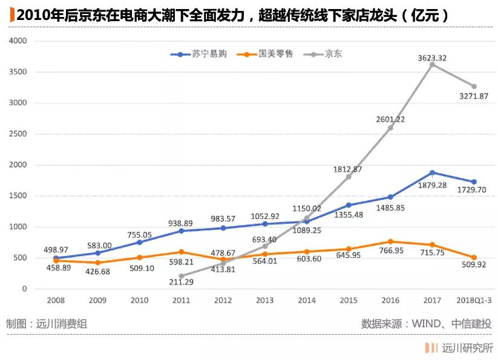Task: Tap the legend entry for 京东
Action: click(325, 54)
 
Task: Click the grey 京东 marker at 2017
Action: click(432, 64)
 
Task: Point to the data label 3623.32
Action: click(432, 58)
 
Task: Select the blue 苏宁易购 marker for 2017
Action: click(432, 172)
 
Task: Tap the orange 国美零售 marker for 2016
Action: click(390, 241)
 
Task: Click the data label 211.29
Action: click(181, 282)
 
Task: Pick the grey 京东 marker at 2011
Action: click(181, 276)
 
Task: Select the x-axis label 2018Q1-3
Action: click(474, 300)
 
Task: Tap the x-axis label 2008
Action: click(56, 300)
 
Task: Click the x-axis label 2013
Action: click(264, 300)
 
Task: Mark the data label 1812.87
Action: click(347, 169)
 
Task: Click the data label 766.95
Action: click(390, 250)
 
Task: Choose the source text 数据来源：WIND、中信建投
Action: click(426, 324)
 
